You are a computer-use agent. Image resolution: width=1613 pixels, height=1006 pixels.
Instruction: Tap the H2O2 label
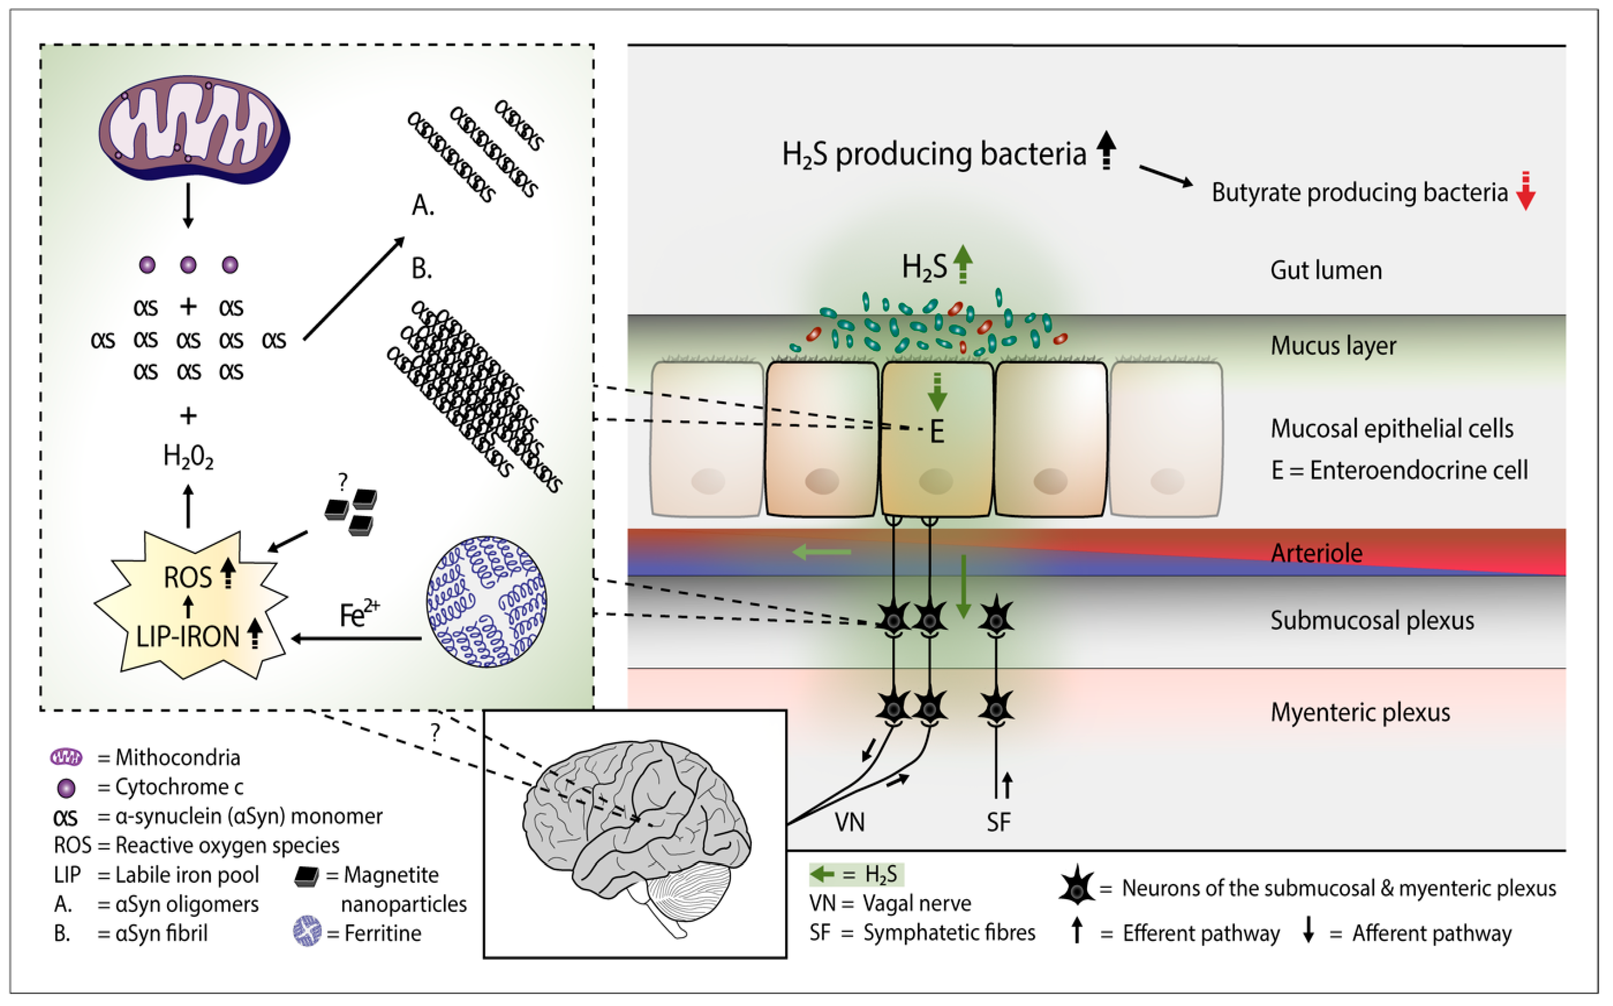tap(188, 457)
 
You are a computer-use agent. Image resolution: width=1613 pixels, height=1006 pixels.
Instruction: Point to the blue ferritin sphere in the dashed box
tap(486, 602)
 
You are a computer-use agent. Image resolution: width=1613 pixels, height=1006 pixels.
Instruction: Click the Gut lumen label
tap(1326, 270)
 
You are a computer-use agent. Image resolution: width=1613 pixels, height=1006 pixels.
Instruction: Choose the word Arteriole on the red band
tap(1316, 553)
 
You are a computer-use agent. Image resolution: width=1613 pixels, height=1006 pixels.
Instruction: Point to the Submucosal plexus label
tap(1372, 620)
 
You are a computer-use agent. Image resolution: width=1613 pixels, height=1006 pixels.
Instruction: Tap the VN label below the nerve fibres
tap(850, 822)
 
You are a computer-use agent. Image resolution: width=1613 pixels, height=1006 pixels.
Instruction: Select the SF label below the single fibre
tap(998, 822)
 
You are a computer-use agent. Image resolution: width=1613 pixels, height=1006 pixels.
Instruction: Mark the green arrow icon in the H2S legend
tap(822, 874)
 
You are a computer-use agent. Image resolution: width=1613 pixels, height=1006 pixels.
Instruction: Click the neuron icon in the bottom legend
tap(1076, 886)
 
